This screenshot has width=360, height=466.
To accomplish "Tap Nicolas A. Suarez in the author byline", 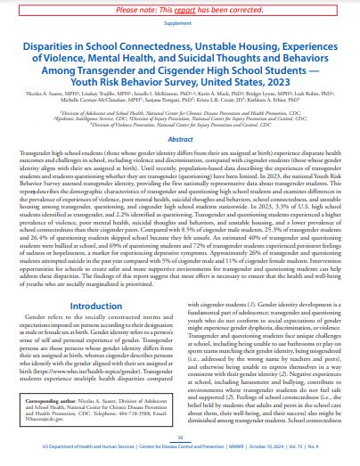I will tap(45, 103).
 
